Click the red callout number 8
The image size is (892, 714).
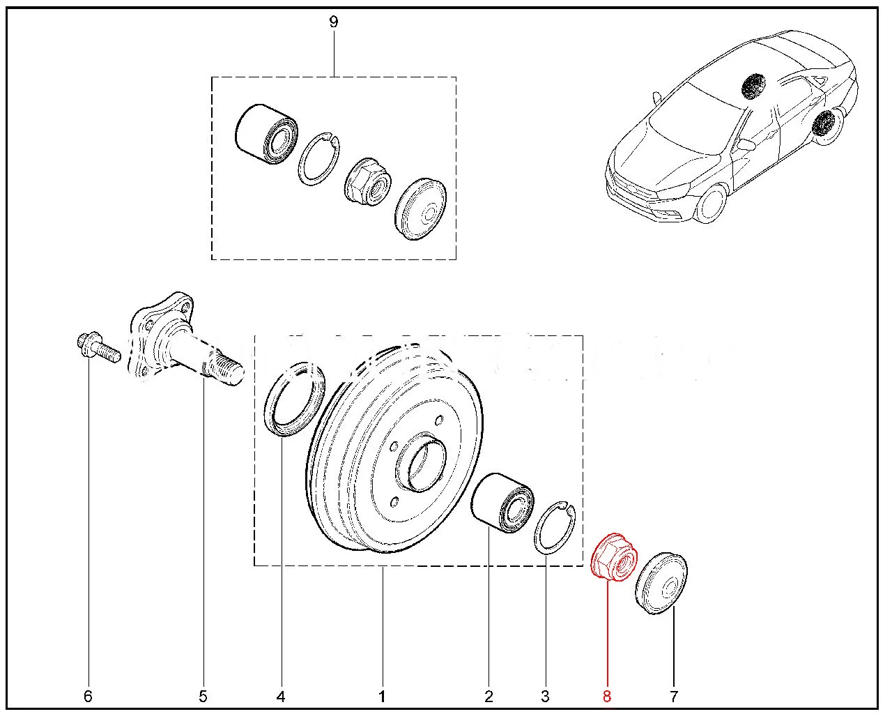coord(607,696)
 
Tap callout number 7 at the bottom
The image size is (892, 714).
coord(674,696)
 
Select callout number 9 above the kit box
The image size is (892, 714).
coord(333,22)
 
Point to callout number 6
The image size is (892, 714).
coord(88,696)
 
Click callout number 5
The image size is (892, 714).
coord(203,696)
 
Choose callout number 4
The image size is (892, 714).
coord(281,696)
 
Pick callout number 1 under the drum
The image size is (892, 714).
coord(382,696)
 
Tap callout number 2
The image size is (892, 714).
coord(489,696)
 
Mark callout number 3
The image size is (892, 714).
coord(545,696)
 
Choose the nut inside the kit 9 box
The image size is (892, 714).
coord(368,180)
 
